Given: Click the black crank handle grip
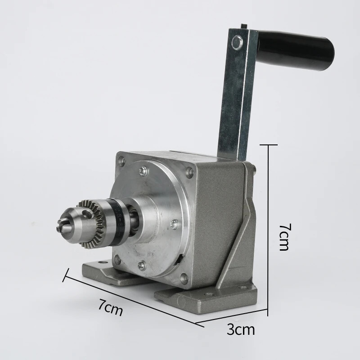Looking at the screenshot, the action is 296,51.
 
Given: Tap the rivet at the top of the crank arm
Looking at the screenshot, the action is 237,42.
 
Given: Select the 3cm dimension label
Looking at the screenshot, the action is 241,330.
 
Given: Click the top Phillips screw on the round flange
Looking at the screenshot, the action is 144,171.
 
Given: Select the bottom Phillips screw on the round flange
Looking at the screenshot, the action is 142,265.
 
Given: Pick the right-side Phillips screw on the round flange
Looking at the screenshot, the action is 175,224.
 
